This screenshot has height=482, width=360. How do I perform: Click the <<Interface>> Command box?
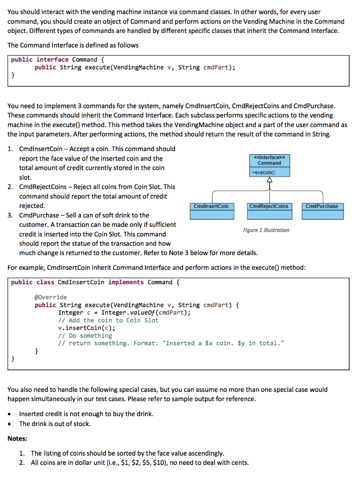click(x=269, y=160)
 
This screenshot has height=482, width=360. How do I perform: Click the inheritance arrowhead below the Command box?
click(x=270, y=180)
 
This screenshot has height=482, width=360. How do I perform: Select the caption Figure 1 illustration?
click(x=266, y=230)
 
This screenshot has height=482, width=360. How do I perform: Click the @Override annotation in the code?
click(x=51, y=297)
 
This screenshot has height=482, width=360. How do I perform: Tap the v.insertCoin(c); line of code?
click(x=87, y=328)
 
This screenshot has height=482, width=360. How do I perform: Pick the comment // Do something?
click(x=85, y=336)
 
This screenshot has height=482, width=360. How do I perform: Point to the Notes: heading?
click(x=17, y=438)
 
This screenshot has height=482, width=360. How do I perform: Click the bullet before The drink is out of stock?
click(x=11, y=424)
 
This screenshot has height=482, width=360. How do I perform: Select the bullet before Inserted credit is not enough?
click(x=11, y=414)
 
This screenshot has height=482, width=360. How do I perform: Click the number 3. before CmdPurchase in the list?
click(x=11, y=215)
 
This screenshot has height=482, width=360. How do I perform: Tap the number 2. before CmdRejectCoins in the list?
click(x=11, y=187)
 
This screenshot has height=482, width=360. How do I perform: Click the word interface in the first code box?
click(x=52, y=60)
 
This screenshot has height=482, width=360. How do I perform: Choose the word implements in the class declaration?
click(x=126, y=282)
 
